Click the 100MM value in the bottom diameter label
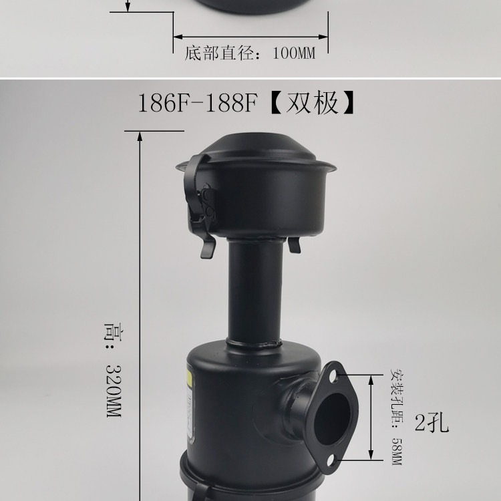click(294, 53)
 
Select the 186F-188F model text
click(197, 104)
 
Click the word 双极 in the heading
click(312, 103)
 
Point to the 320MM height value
click(114, 391)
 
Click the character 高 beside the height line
click(114, 332)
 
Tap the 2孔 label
click(432, 423)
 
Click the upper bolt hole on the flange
click(334, 375)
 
